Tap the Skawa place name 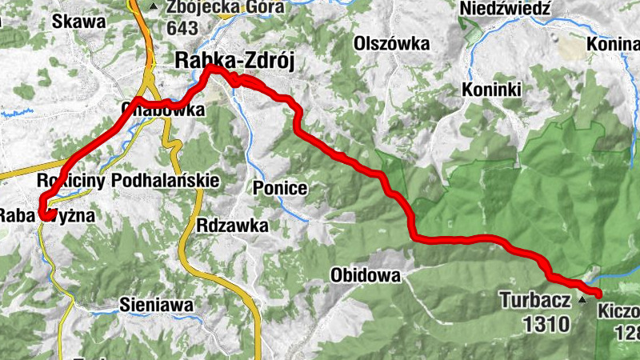click(x=79, y=22)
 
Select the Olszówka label click(x=392, y=43)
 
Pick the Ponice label click(x=280, y=188)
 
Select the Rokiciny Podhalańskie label click(x=128, y=182)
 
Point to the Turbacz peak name click(x=536, y=301)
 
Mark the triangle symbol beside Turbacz click(x=582, y=301)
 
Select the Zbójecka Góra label click(x=214, y=9)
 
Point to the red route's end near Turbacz click(x=598, y=296)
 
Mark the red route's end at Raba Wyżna click(x=40, y=214)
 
